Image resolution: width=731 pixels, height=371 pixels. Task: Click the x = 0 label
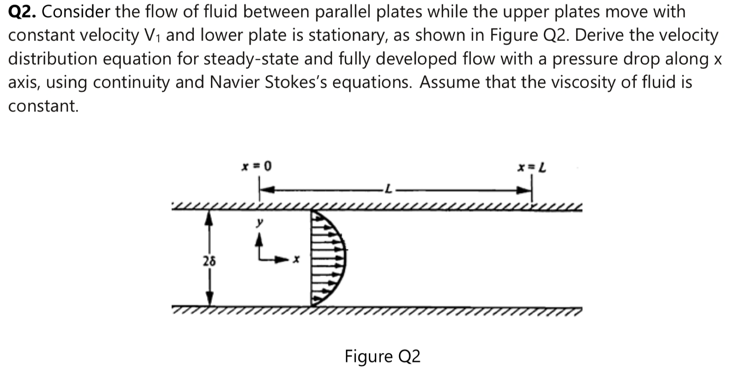(256, 166)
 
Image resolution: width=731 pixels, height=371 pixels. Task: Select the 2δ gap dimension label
(209, 262)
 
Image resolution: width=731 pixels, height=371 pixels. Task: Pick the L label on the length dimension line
(387, 190)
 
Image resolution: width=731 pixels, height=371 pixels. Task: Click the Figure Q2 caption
(382, 356)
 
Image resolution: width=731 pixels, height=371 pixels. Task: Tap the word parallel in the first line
(343, 12)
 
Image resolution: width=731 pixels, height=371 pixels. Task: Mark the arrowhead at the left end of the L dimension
(267, 190)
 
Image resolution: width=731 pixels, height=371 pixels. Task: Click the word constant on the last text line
(43, 106)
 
